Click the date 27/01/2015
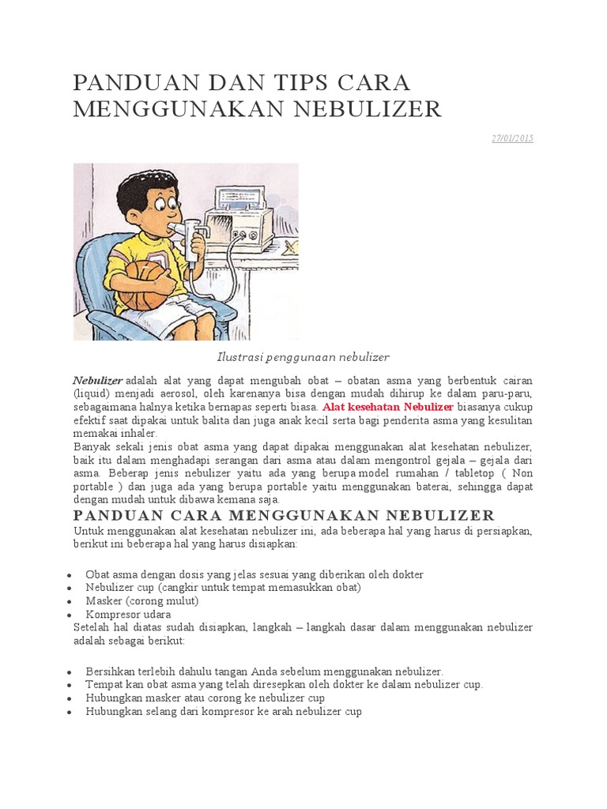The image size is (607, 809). click(x=512, y=138)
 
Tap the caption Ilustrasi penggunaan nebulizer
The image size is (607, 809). click(x=303, y=357)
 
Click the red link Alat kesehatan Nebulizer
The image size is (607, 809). click(x=388, y=406)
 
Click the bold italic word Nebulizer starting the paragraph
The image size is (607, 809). click(x=98, y=379)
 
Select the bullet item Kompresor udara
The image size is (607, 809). click(x=129, y=614)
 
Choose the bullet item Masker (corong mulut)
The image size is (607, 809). click(x=142, y=600)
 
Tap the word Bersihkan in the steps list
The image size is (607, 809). click(x=108, y=671)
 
